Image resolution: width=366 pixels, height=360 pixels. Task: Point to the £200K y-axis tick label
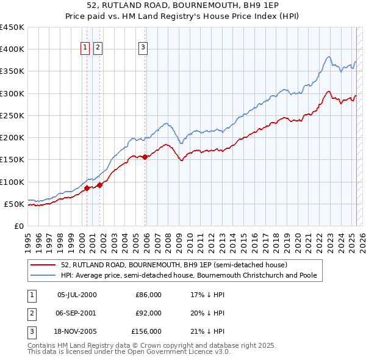click(x=12, y=138)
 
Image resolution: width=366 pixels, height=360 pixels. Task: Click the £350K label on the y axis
click(x=12, y=71)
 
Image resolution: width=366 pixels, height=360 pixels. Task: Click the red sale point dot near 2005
click(x=145, y=157)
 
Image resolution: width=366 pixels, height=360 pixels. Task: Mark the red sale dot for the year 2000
click(x=87, y=188)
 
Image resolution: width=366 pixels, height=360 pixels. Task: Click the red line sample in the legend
click(x=43, y=265)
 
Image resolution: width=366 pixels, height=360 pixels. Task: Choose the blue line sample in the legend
click(x=43, y=276)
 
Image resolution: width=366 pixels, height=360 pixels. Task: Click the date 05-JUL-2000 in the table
click(x=77, y=295)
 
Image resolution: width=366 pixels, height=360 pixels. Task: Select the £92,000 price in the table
click(x=148, y=313)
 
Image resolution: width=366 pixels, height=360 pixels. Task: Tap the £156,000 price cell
click(x=146, y=331)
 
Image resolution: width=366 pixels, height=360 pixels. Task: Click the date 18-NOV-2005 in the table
click(x=77, y=331)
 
